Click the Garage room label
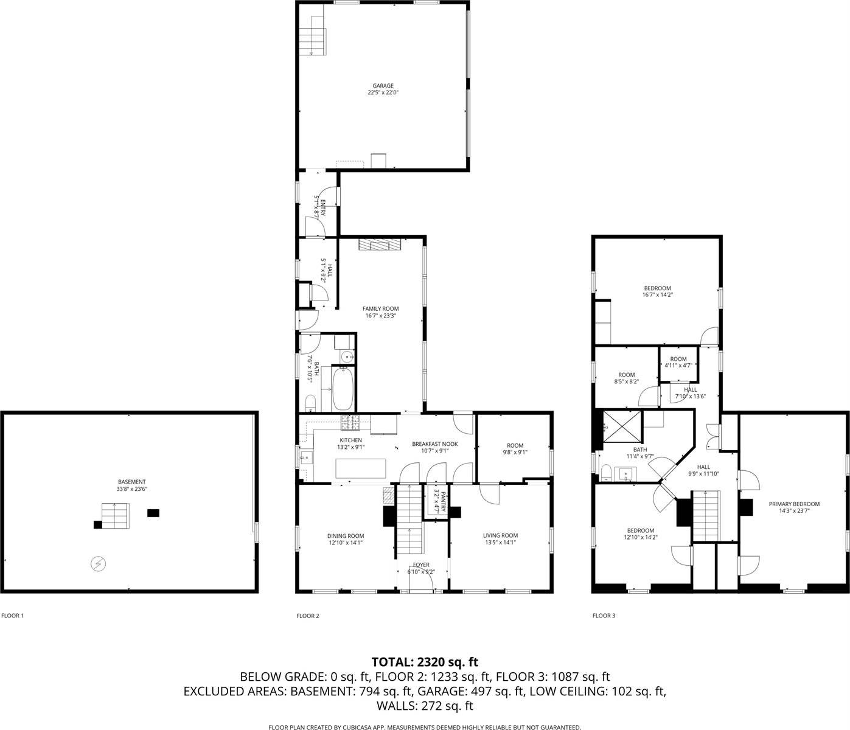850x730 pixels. click(383, 86)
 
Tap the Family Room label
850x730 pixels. click(381, 309)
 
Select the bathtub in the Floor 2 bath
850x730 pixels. click(343, 389)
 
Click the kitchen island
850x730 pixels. click(361, 468)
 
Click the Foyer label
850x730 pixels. click(421, 565)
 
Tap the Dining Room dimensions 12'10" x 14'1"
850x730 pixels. click(346, 543)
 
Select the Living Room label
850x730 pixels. click(500, 535)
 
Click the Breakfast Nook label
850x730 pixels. click(434, 444)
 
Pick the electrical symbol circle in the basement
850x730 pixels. click(97, 564)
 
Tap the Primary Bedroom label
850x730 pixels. click(794, 504)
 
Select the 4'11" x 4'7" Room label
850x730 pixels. click(678, 359)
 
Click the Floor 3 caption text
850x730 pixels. click(604, 616)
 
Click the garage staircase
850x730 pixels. click(312, 34)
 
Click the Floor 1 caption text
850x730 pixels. click(12, 616)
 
